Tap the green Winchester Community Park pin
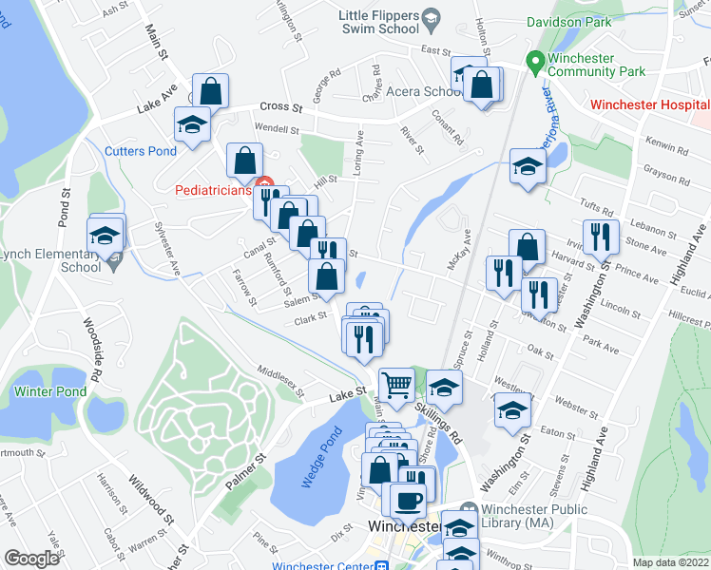535,59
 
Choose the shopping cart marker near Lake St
397,384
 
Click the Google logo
31,559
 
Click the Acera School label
424,92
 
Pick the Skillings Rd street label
438,421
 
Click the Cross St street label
281,108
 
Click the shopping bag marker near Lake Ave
211,91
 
